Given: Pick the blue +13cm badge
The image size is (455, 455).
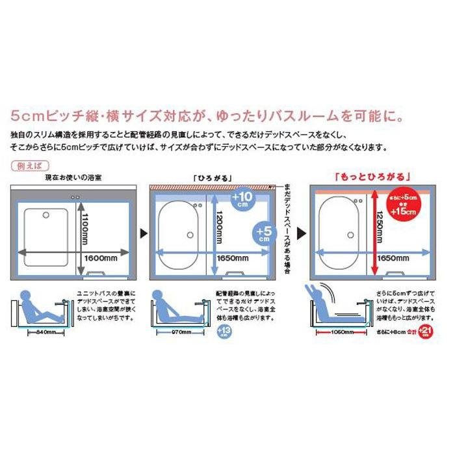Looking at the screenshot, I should click(x=223, y=331).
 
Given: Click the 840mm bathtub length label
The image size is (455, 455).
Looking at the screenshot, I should click(x=42, y=331).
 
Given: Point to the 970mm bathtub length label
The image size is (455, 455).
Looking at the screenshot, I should click(x=181, y=331).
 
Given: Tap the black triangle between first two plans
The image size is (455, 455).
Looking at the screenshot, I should click(x=143, y=232).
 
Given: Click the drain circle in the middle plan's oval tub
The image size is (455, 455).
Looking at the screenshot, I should click(x=189, y=235).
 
